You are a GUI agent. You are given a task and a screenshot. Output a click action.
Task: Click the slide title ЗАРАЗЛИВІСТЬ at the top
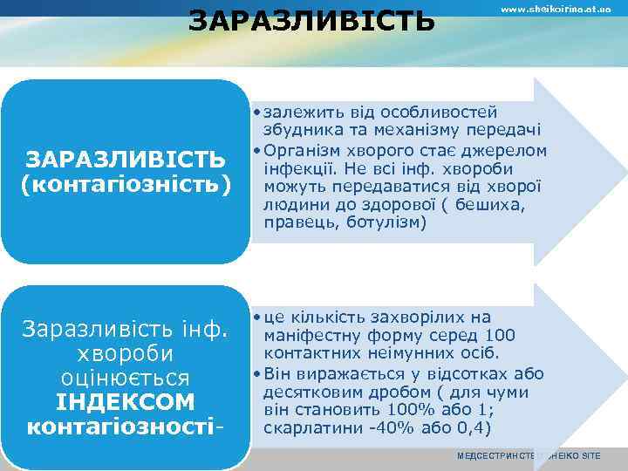311,19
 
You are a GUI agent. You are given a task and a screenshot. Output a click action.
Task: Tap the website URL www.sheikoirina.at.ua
555,9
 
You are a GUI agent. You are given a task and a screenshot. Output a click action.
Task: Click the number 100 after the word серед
500,336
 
